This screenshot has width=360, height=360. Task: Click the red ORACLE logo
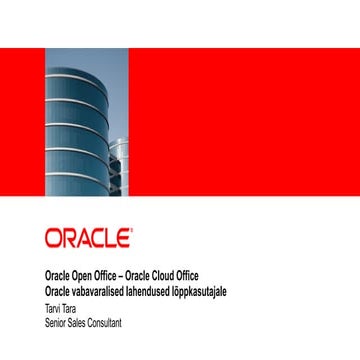click(86, 238)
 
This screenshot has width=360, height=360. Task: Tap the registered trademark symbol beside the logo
click(130, 230)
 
